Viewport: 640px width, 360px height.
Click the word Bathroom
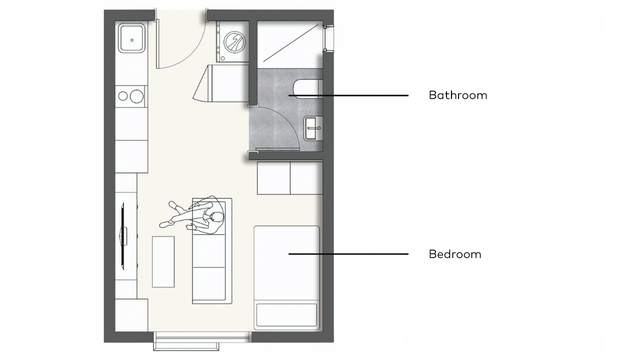coord(458,95)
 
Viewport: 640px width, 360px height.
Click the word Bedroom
coord(455,254)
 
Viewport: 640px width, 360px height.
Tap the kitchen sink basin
coord(131,38)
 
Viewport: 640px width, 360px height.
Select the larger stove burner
coord(136,96)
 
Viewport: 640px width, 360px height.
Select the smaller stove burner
coord(123,96)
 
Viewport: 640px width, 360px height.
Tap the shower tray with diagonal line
coord(290,44)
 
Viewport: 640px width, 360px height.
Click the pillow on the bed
coord(286,315)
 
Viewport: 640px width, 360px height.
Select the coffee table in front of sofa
coord(163,261)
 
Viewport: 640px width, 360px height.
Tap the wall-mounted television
coord(123,236)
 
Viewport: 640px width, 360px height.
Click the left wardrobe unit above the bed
coord(273,178)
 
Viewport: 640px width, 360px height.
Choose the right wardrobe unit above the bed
coord(306,178)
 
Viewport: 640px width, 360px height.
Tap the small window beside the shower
coord(328,38)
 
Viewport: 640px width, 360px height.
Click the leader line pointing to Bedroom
coord(348,254)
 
